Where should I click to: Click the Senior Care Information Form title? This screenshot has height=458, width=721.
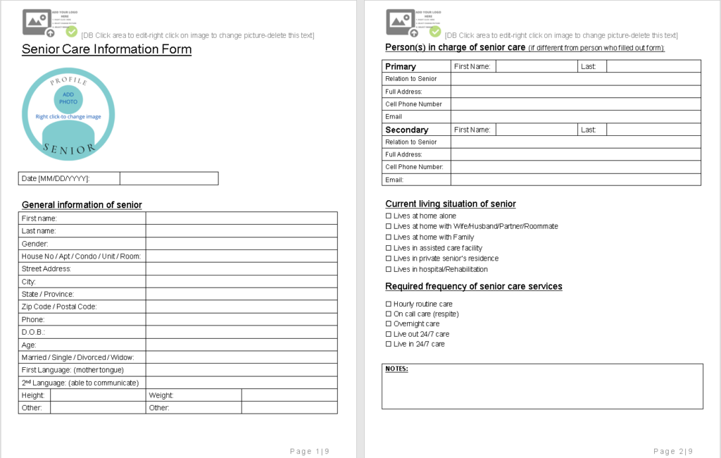click(x=106, y=49)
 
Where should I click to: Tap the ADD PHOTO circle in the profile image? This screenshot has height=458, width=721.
click(x=68, y=98)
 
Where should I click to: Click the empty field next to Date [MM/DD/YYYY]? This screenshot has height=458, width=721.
click(x=169, y=179)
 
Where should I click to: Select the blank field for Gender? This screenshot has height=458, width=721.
click(x=242, y=244)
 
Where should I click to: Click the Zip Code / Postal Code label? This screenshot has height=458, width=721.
click(x=59, y=307)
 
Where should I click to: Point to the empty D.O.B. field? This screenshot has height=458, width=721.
click(x=242, y=332)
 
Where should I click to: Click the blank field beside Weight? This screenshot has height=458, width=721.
click(x=289, y=395)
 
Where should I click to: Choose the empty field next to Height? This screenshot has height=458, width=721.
click(x=98, y=395)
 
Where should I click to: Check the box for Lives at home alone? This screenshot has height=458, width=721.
click(x=388, y=216)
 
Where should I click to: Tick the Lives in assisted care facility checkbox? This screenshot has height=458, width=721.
click(x=388, y=248)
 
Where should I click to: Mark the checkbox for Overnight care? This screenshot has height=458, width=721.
click(x=388, y=324)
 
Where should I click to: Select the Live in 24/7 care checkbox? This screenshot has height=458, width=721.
click(x=388, y=344)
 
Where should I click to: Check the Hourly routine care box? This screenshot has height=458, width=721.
click(x=388, y=304)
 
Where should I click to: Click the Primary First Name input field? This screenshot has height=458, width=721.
click(x=537, y=66)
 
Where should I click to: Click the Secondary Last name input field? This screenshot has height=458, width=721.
click(x=653, y=130)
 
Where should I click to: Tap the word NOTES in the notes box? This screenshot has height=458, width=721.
click(x=396, y=369)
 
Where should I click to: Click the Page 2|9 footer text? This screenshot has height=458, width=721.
click(x=673, y=451)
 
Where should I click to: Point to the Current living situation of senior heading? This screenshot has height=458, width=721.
click(x=451, y=204)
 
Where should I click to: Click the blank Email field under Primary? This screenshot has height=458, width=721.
click(x=575, y=117)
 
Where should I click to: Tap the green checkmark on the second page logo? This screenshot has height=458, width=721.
click(x=435, y=31)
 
